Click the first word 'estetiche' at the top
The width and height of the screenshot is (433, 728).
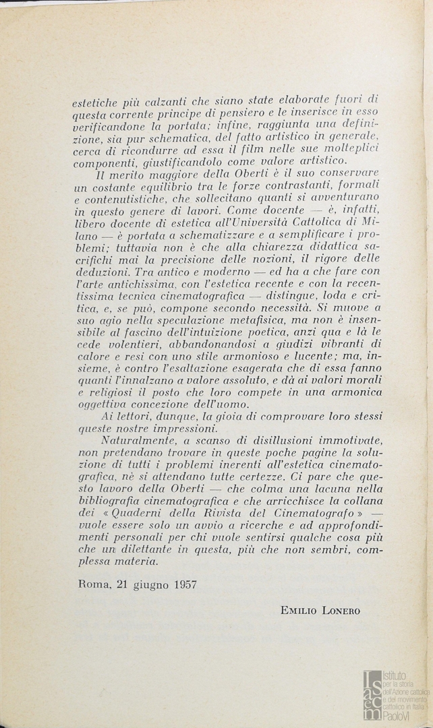[x=95, y=104]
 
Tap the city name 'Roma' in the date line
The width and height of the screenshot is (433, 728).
[x=88, y=584]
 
